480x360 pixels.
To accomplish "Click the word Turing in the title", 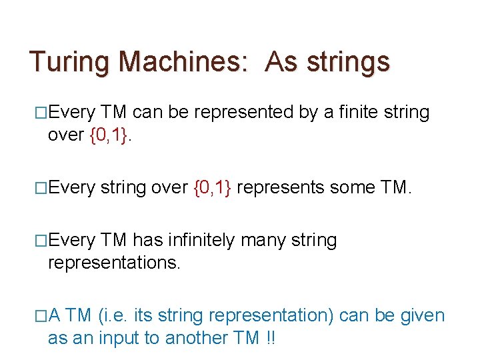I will pyautogui.click(x=70, y=62).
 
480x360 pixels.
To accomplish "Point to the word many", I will pyautogui.click(x=275, y=240).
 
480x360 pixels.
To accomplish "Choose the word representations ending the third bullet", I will pyautogui.click(x=114, y=263).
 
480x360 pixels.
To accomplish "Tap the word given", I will pyautogui.click(x=422, y=315).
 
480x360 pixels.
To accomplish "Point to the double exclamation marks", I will pyautogui.click(x=271, y=338).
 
